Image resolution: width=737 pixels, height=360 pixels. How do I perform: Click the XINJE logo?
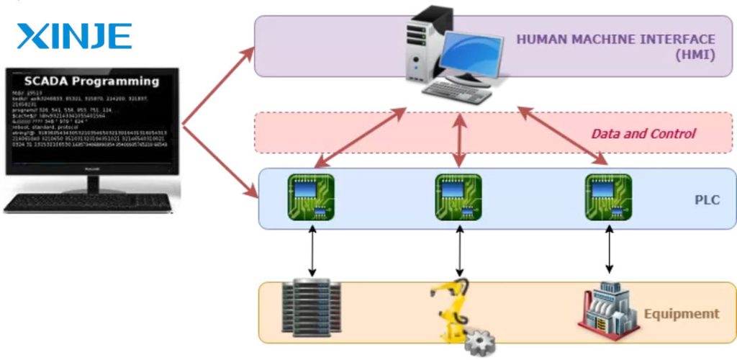pos(74,35)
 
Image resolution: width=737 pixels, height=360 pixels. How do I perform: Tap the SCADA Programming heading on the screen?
pos(91,81)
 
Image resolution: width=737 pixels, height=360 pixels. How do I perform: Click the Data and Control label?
pos(643,133)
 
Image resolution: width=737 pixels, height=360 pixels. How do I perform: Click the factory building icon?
pos(607,310)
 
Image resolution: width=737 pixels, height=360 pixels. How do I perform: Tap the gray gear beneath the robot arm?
pos(480,341)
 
